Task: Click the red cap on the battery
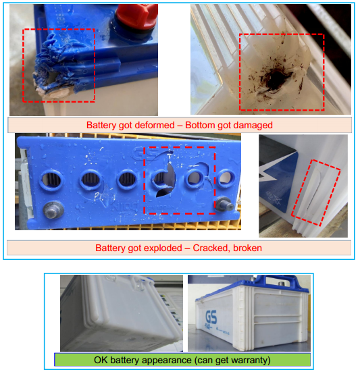tap(136, 17)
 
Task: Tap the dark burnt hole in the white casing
tap(276, 80)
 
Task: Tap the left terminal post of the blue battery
tap(53, 210)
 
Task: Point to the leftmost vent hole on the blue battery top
tap(52, 180)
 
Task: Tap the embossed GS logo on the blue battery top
tap(145, 153)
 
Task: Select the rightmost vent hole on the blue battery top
tap(226, 178)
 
